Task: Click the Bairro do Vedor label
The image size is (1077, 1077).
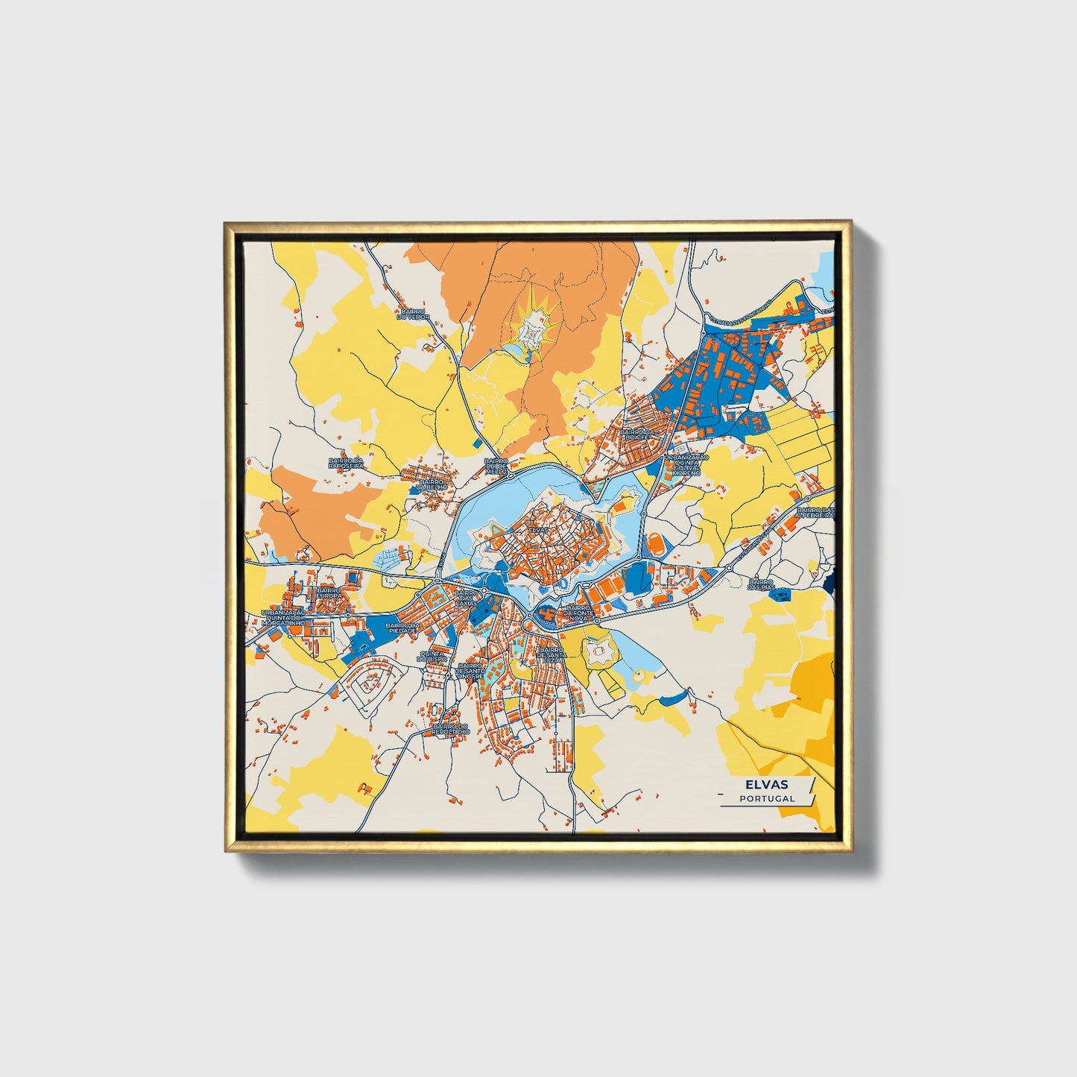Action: [414, 315]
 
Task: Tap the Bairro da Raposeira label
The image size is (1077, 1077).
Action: [346, 464]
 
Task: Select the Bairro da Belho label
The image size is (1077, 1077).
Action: [434, 485]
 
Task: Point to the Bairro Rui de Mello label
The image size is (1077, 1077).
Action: [496, 467]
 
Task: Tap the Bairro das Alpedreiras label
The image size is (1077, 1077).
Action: [815, 512]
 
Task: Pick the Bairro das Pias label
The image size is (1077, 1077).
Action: [762, 584]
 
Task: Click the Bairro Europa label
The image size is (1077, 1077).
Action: [328, 593]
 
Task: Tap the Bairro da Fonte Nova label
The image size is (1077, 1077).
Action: [579, 613]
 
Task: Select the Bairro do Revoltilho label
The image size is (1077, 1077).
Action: [451, 729]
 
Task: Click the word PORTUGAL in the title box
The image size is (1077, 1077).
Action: [767, 798]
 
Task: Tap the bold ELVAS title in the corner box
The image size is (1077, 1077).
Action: [766, 785]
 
